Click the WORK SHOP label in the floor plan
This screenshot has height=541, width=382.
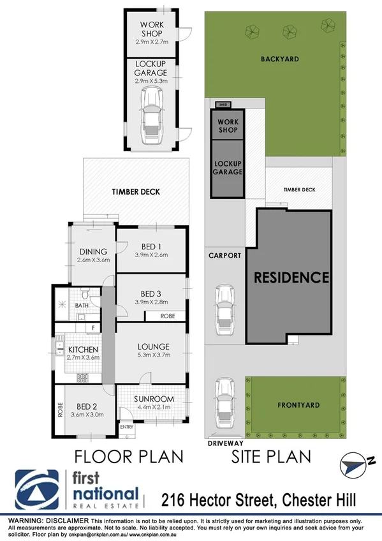coord(151,29)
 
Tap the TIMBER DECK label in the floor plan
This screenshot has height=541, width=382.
coord(136,191)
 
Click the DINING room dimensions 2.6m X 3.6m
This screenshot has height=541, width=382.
coord(94,260)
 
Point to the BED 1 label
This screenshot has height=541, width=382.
coord(151,246)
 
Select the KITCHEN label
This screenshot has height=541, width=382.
coord(83,350)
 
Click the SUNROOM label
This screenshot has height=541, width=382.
coord(153,399)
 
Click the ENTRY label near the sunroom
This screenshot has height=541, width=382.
coord(126,427)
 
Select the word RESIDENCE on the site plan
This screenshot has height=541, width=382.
coord(291,278)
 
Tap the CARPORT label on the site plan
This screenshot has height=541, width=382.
coord(225,255)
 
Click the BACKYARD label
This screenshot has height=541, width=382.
coord(279,59)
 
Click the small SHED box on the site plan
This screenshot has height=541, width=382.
coord(223,104)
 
